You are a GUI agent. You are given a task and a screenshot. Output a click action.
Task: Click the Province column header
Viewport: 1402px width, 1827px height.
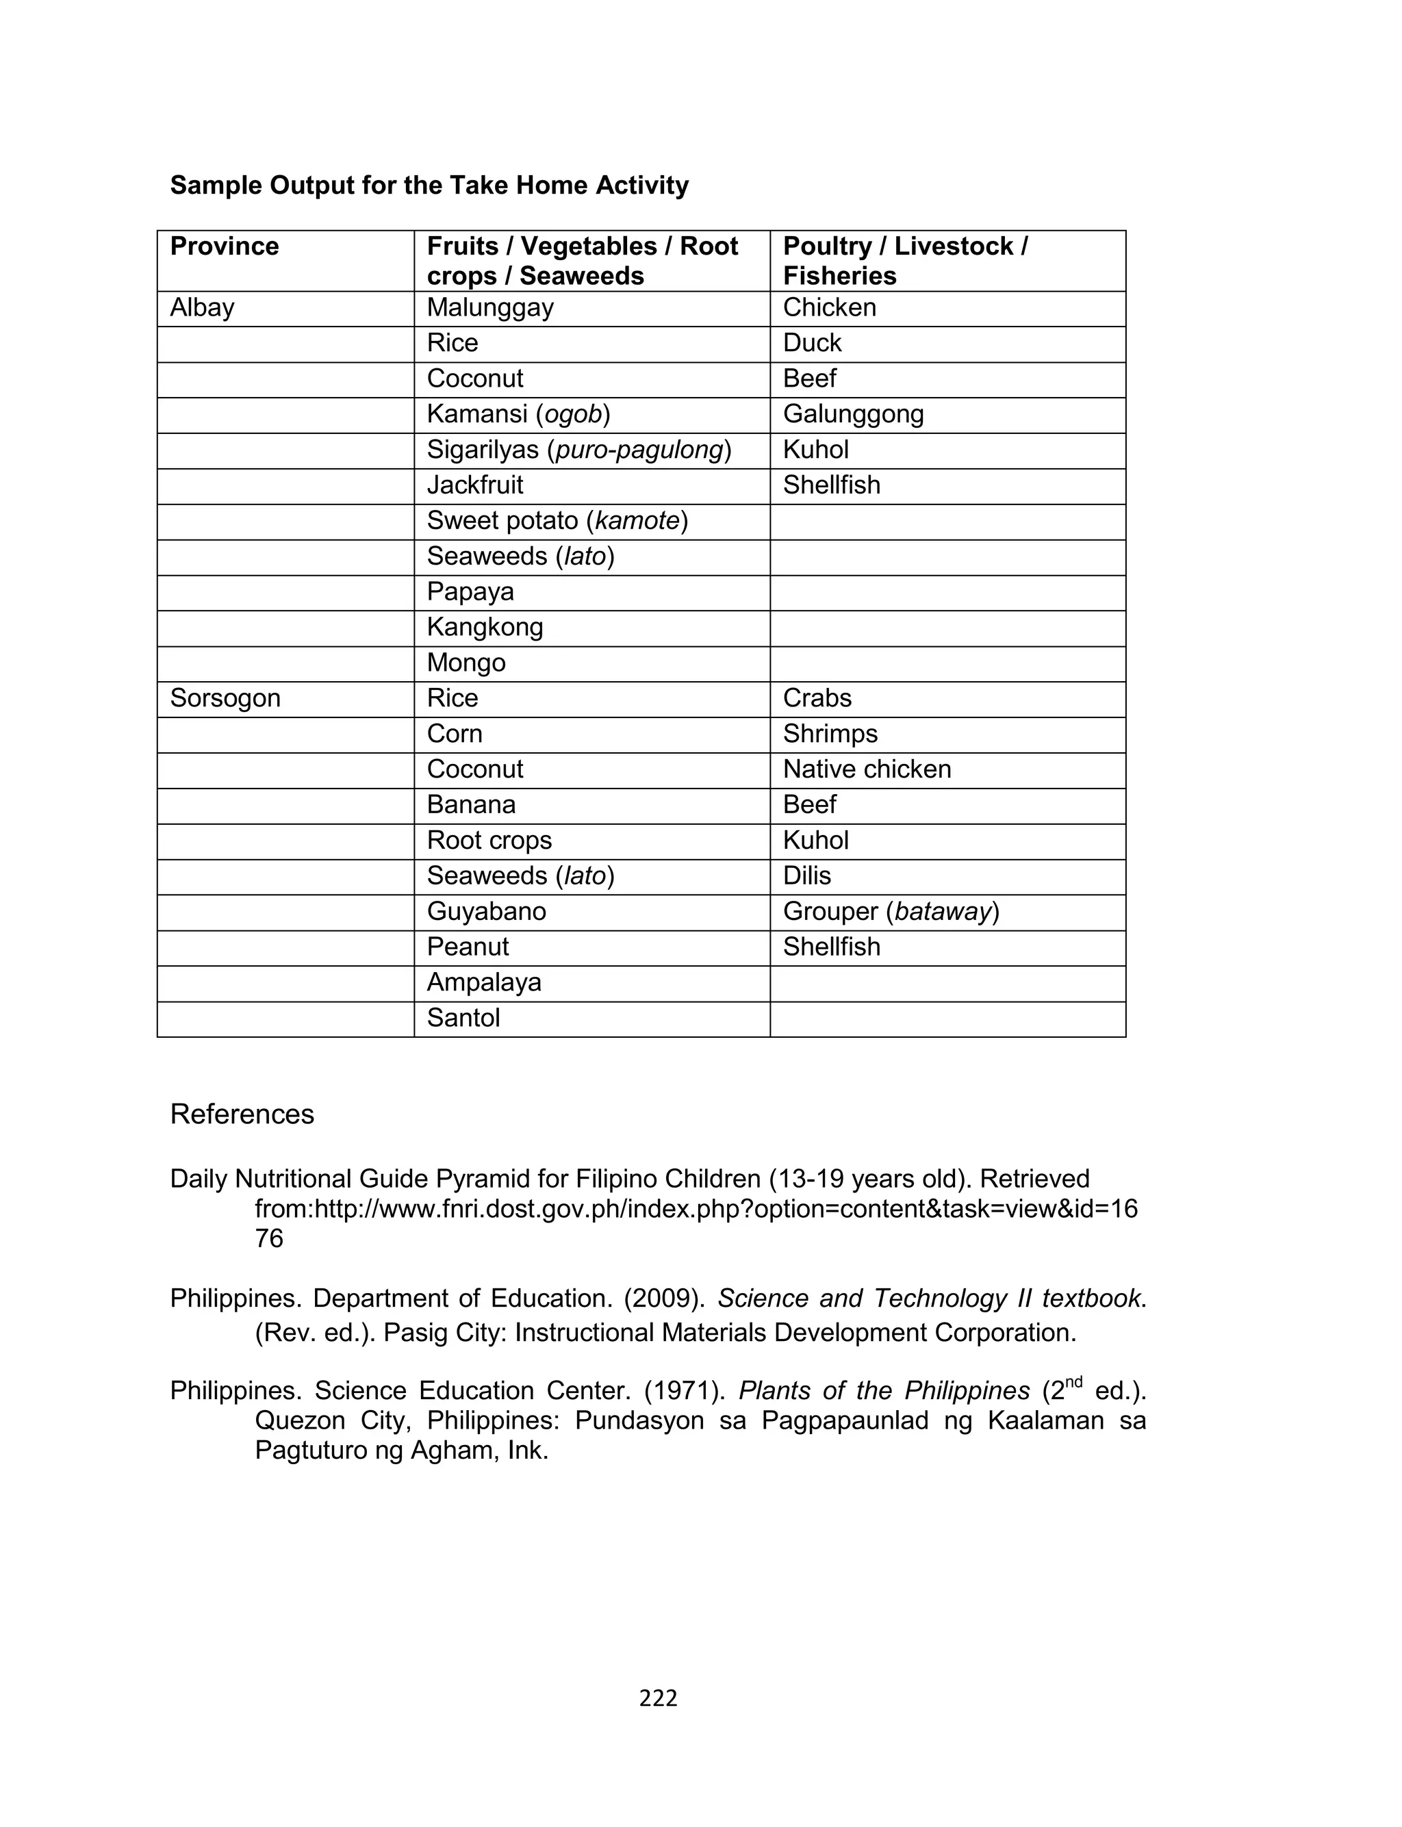[x=224, y=246]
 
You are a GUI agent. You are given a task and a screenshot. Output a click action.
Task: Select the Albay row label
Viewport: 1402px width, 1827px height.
[x=202, y=308]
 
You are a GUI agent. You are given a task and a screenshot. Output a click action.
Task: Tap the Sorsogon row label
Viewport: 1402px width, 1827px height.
[x=225, y=698]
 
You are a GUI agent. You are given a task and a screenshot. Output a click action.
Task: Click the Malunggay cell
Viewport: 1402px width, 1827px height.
[x=490, y=308]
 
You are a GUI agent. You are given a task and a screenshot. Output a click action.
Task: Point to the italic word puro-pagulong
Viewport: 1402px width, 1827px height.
[x=639, y=450]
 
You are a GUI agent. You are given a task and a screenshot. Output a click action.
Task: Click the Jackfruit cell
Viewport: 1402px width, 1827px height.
[x=475, y=485]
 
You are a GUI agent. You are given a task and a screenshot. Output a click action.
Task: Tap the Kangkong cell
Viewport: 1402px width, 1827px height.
[x=485, y=627]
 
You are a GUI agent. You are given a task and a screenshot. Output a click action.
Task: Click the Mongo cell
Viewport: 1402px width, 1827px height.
[x=466, y=663]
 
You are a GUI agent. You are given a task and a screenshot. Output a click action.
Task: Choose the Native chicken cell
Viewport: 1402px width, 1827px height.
[x=866, y=769]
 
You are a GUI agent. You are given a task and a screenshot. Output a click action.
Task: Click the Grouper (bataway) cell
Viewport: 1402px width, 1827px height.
[x=891, y=912]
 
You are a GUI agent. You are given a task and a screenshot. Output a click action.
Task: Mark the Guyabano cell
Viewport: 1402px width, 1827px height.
[x=485, y=912]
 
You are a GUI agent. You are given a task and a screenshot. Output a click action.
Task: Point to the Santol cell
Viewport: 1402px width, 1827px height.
[x=463, y=1019]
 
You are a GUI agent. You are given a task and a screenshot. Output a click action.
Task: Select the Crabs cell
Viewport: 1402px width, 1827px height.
[x=816, y=698]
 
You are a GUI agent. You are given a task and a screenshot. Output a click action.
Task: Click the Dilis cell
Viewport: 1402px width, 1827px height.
[x=806, y=876]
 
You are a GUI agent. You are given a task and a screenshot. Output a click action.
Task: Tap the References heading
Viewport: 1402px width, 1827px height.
[x=242, y=1114]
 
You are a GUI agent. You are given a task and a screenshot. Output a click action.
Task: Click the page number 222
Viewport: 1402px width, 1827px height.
[x=658, y=1698]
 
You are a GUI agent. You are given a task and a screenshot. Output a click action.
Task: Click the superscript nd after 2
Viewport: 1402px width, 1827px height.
[x=1073, y=1381]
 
